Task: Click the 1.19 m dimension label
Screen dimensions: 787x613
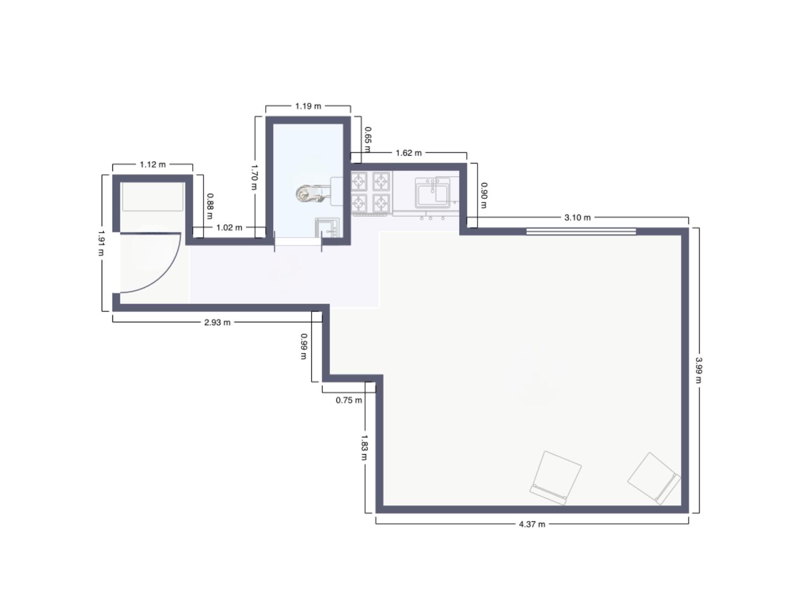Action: click(308, 106)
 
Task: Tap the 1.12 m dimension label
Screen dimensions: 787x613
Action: click(152, 164)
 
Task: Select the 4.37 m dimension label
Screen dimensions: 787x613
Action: click(531, 524)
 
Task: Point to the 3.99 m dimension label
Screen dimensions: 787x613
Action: click(699, 370)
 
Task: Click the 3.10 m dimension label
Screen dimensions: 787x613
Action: click(577, 218)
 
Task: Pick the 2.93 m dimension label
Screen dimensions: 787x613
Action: click(217, 322)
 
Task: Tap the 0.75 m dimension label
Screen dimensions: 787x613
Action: click(349, 400)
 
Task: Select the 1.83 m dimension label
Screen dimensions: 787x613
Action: click(364, 447)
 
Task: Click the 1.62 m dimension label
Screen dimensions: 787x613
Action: click(408, 153)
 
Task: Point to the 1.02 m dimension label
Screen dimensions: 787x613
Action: click(229, 228)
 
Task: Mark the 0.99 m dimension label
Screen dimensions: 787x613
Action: click(304, 346)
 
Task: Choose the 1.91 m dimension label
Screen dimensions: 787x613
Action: click(101, 243)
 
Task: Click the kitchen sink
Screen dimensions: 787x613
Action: click(432, 193)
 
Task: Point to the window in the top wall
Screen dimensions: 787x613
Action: click(581, 231)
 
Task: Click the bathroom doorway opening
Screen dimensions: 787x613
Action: click(298, 242)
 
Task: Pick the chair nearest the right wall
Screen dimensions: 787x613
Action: click(654, 478)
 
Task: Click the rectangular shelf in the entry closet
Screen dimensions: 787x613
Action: click(152, 197)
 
